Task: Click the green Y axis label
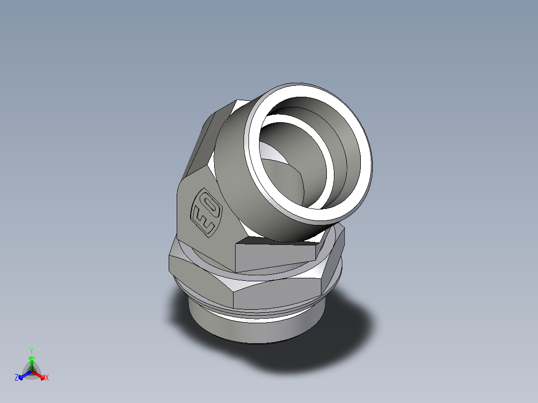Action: click(x=31, y=350)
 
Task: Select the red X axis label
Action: click(x=47, y=378)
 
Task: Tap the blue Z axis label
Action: click(x=16, y=378)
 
